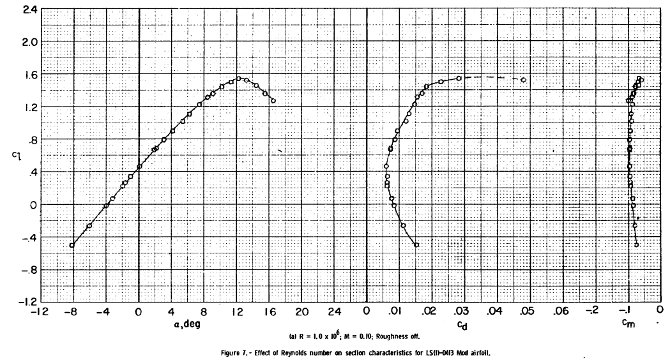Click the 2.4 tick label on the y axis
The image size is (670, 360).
point(27,10)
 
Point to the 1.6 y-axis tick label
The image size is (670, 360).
point(28,75)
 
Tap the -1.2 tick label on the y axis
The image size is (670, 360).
point(25,302)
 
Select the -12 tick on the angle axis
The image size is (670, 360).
point(40,313)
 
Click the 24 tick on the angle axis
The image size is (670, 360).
point(333,313)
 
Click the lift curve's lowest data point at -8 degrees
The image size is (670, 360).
point(72,245)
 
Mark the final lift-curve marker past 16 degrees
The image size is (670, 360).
point(273,101)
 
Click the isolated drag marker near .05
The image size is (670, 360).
point(523,80)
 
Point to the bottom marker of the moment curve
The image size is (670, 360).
point(636,244)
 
